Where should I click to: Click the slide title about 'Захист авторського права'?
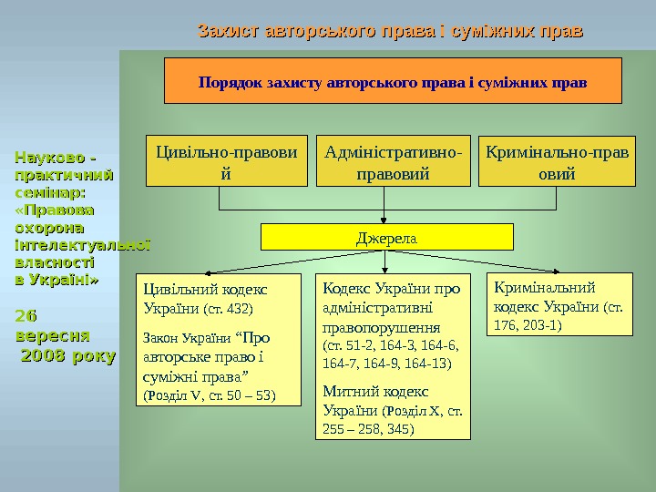(390, 32)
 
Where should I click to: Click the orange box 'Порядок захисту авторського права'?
(393, 81)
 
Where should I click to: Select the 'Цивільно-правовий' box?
(228, 161)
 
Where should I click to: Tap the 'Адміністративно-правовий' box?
(393, 161)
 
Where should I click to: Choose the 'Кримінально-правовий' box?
(558, 161)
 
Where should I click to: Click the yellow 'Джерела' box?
(386, 238)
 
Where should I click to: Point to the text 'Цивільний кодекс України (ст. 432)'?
(205, 298)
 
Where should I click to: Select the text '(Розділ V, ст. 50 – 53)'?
(209, 395)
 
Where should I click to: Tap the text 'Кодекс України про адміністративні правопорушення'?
(392, 307)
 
